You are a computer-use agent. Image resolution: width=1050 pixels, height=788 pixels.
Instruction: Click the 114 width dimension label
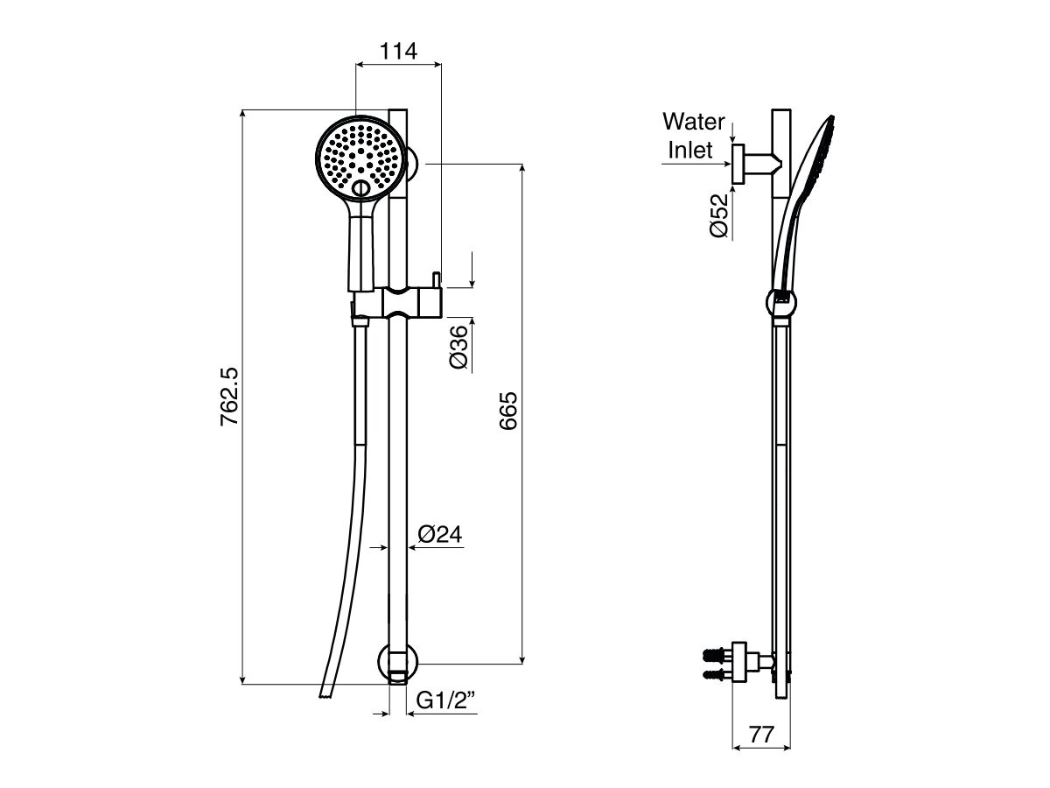pos(398,51)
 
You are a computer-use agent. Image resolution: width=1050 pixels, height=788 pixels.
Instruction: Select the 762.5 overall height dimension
pos(230,397)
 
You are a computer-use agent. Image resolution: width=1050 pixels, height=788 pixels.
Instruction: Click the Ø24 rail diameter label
pos(439,534)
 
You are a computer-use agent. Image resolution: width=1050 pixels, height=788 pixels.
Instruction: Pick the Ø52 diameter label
pos(719,215)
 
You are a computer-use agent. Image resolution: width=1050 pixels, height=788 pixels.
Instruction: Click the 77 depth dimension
pos(761,734)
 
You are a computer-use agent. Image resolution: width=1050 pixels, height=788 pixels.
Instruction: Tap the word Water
pos(693,120)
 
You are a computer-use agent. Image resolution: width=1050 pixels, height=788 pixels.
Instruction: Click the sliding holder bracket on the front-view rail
pos(399,303)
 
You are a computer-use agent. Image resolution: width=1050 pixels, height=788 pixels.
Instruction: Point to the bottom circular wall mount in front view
pos(398,663)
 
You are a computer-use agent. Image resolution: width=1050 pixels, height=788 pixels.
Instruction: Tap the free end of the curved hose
pos(326,694)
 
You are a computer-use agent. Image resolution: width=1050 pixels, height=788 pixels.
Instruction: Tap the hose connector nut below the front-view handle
pos(360,322)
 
